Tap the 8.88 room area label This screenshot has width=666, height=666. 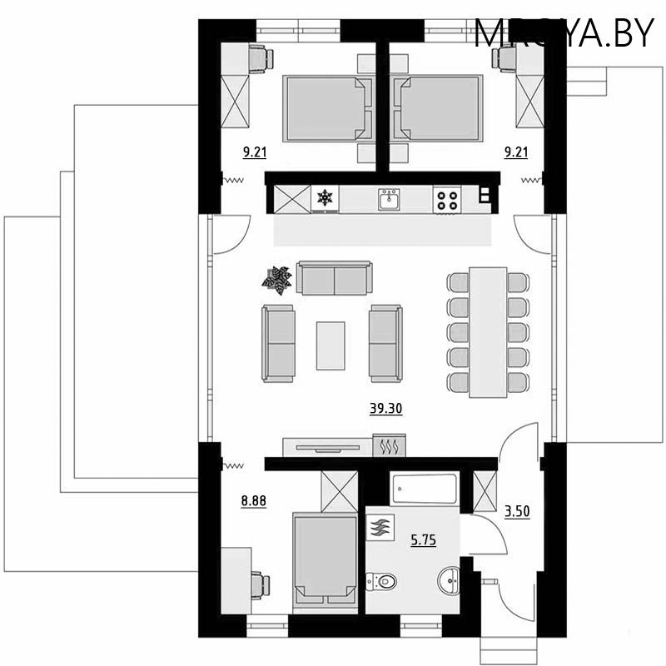point(253,500)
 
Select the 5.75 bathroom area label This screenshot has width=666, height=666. point(423,540)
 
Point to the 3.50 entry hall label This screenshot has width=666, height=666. point(518,509)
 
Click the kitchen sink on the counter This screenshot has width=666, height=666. point(388,199)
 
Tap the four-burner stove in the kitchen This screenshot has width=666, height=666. point(446,200)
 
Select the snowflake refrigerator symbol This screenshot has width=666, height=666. point(323,199)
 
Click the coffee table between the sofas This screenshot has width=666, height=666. point(331,345)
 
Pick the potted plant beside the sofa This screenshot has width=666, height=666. point(277,280)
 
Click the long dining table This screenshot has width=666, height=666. point(488,331)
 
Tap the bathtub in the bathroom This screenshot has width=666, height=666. point(425,489)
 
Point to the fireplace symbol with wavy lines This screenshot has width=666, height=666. point(389,445)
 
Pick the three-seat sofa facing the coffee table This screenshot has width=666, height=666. point(334,278)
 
